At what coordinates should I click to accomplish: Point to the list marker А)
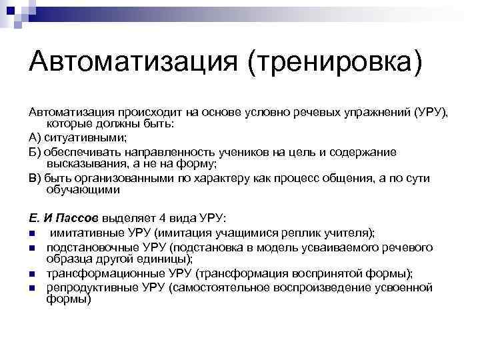pyautogui.click(x=35, y=138)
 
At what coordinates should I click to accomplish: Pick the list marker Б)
pyautogui.click(x=35, y=152)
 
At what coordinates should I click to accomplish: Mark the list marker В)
pyautogui.click(x=35, y=178)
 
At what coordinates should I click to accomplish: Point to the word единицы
pyautogui.click(x=166, y=259)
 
